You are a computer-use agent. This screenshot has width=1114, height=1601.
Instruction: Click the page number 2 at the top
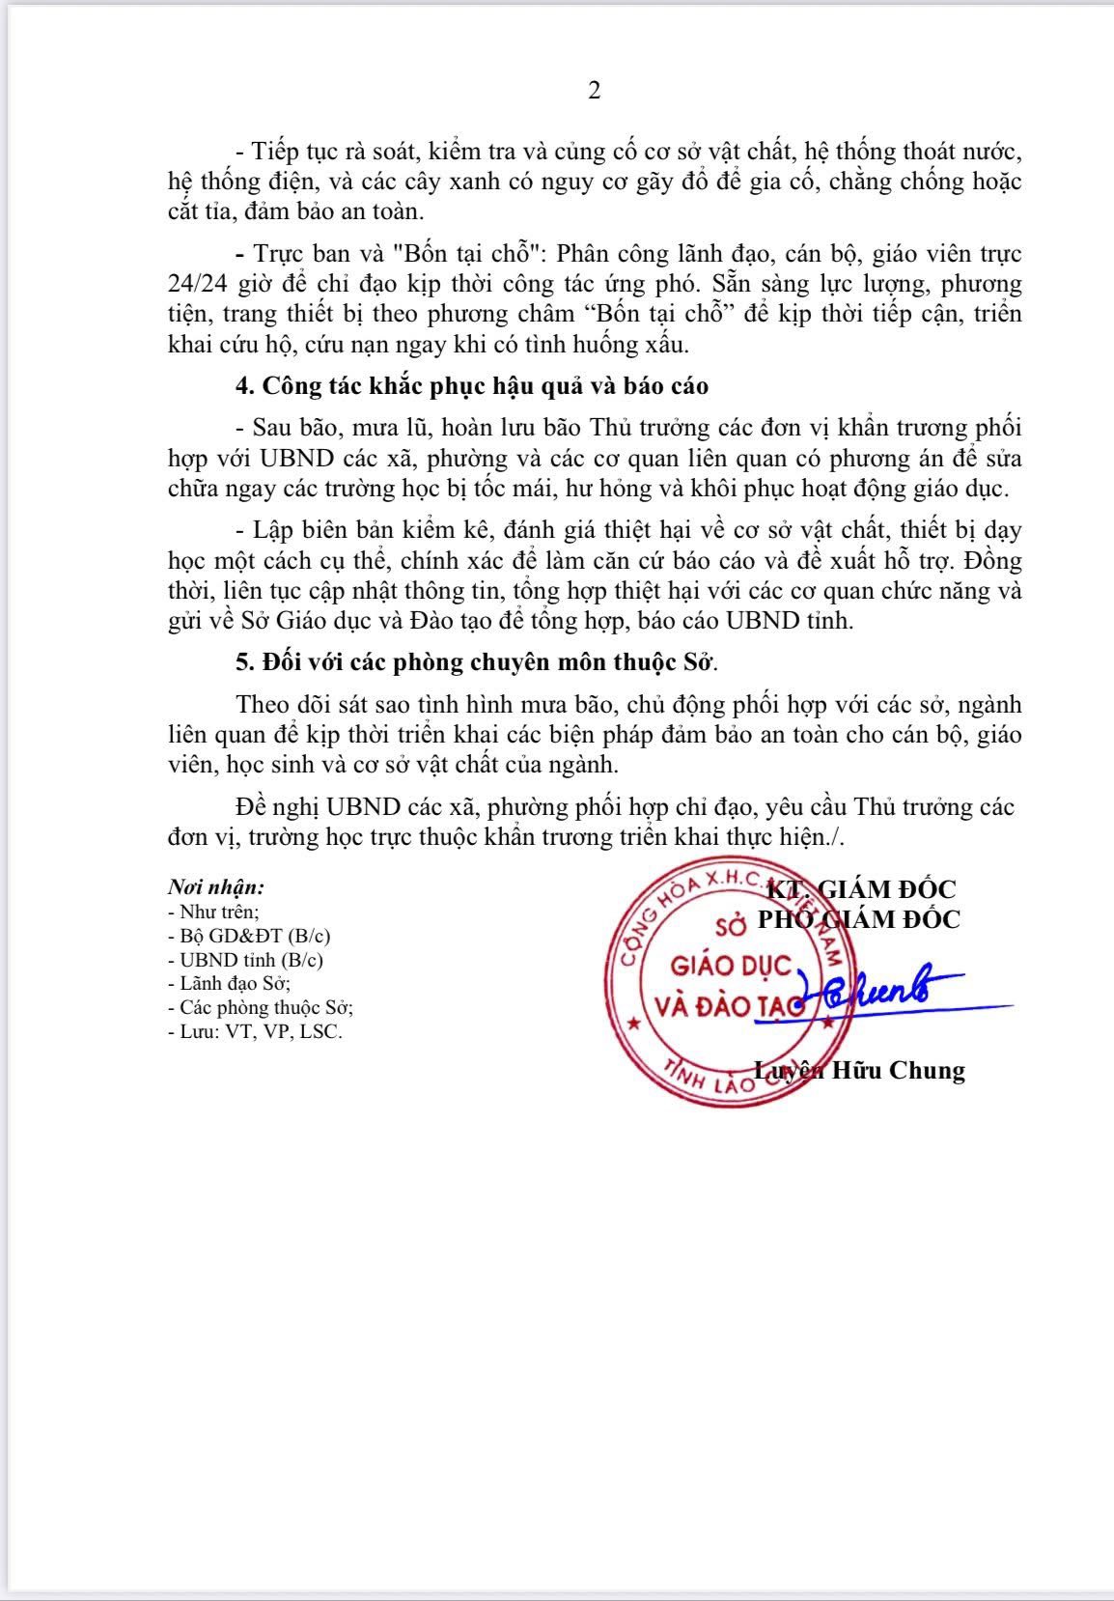(594, 91)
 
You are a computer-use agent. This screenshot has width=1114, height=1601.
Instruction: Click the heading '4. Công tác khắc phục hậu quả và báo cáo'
(472, 386)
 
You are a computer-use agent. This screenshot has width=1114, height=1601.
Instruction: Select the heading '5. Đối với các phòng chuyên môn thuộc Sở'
(478, 663)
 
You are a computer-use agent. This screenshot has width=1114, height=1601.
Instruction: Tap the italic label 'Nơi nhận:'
(216, 886)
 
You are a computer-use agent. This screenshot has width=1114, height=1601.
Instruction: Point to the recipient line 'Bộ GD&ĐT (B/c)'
(255, 936)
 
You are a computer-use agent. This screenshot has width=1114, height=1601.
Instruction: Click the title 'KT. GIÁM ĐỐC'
(861, 889)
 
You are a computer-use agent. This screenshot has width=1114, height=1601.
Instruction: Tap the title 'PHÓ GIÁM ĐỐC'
(858, 918)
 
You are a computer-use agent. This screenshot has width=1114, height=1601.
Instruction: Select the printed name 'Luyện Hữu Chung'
(859, 1070)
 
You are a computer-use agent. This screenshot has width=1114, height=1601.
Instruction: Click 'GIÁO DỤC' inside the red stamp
(731, 966)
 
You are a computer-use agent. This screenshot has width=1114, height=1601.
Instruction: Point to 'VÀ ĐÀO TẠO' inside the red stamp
(729, 1006)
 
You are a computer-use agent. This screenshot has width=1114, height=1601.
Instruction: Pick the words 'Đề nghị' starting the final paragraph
(277, 807)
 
